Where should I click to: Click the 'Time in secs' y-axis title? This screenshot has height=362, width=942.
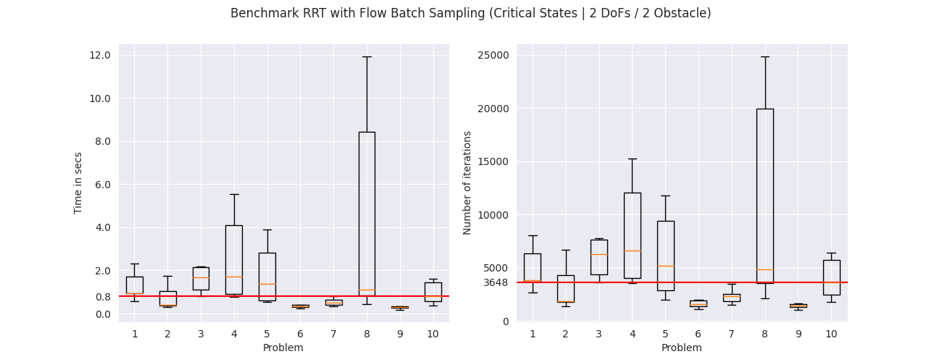click(78, 183)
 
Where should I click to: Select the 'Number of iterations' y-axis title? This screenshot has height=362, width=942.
click(467, 182)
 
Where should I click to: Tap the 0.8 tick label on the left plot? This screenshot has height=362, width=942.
click(103, 297)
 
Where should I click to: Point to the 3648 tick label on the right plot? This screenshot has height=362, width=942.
click(496, 282)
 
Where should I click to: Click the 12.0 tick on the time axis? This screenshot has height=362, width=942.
click(100, 55)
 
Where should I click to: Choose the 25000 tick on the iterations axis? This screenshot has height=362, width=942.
click(493, 55)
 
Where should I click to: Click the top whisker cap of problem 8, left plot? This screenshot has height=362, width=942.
click(367, 56)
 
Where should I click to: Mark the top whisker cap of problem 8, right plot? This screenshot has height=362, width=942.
click(765, 56)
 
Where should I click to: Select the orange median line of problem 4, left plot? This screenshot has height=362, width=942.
click(234, 277)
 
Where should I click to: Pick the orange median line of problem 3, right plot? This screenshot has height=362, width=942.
click(599, 255)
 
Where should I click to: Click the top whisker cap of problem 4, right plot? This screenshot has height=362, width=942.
click(633, 159)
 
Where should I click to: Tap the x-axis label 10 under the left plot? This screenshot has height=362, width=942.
click(433, 334)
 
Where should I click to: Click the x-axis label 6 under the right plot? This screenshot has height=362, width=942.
click(698, 334)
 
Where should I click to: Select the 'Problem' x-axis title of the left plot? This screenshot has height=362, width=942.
click(283, 348)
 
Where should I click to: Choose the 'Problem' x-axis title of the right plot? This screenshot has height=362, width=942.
click(682, 348)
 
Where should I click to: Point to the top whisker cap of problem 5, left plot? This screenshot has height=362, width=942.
click(267, 230)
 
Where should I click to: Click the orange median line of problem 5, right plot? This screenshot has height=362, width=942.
click(666, 266)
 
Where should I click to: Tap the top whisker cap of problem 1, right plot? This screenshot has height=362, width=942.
click(533, 235)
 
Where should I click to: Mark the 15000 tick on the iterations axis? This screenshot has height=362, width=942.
click(493, 161)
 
